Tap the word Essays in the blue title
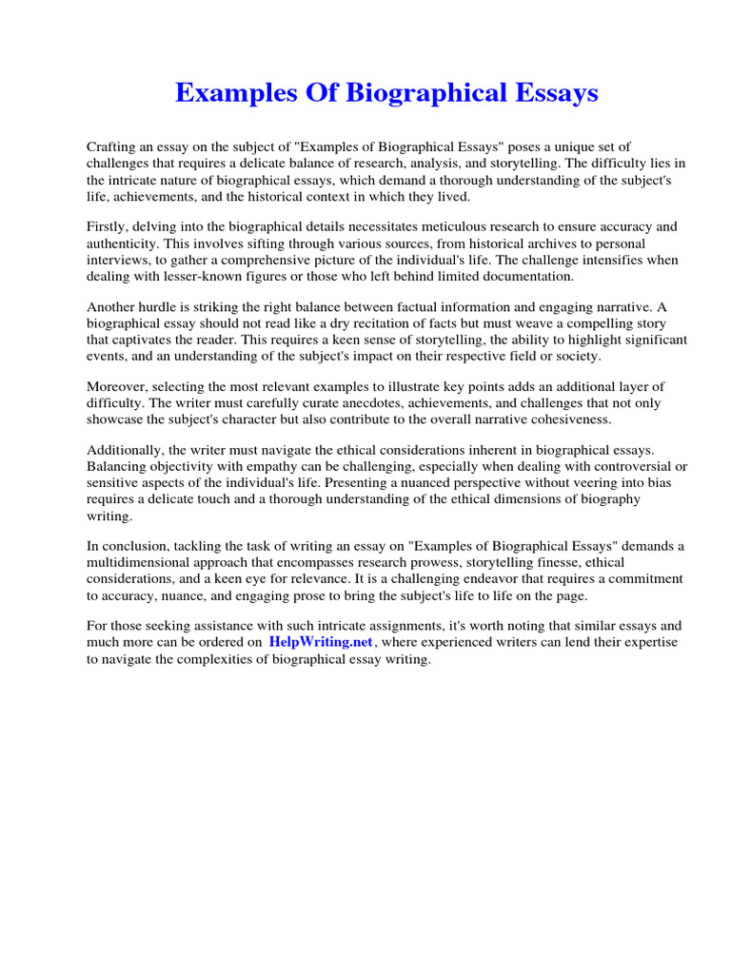click(552, 93)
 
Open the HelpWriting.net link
click(322, 642)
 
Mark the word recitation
click(365, 323)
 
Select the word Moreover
click(117, 386)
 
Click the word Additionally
click(124, 450)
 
